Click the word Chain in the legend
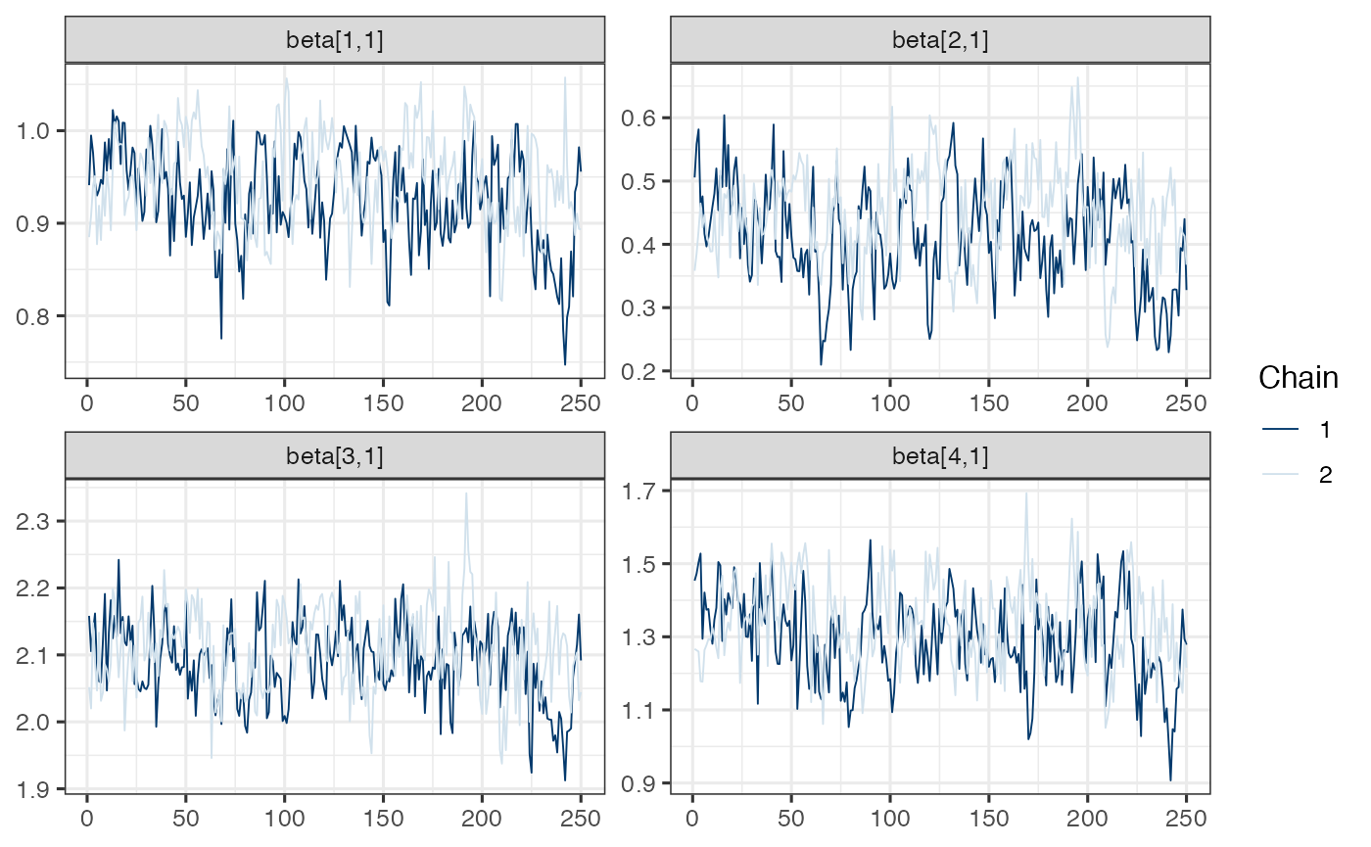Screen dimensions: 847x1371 (1299, 377)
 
